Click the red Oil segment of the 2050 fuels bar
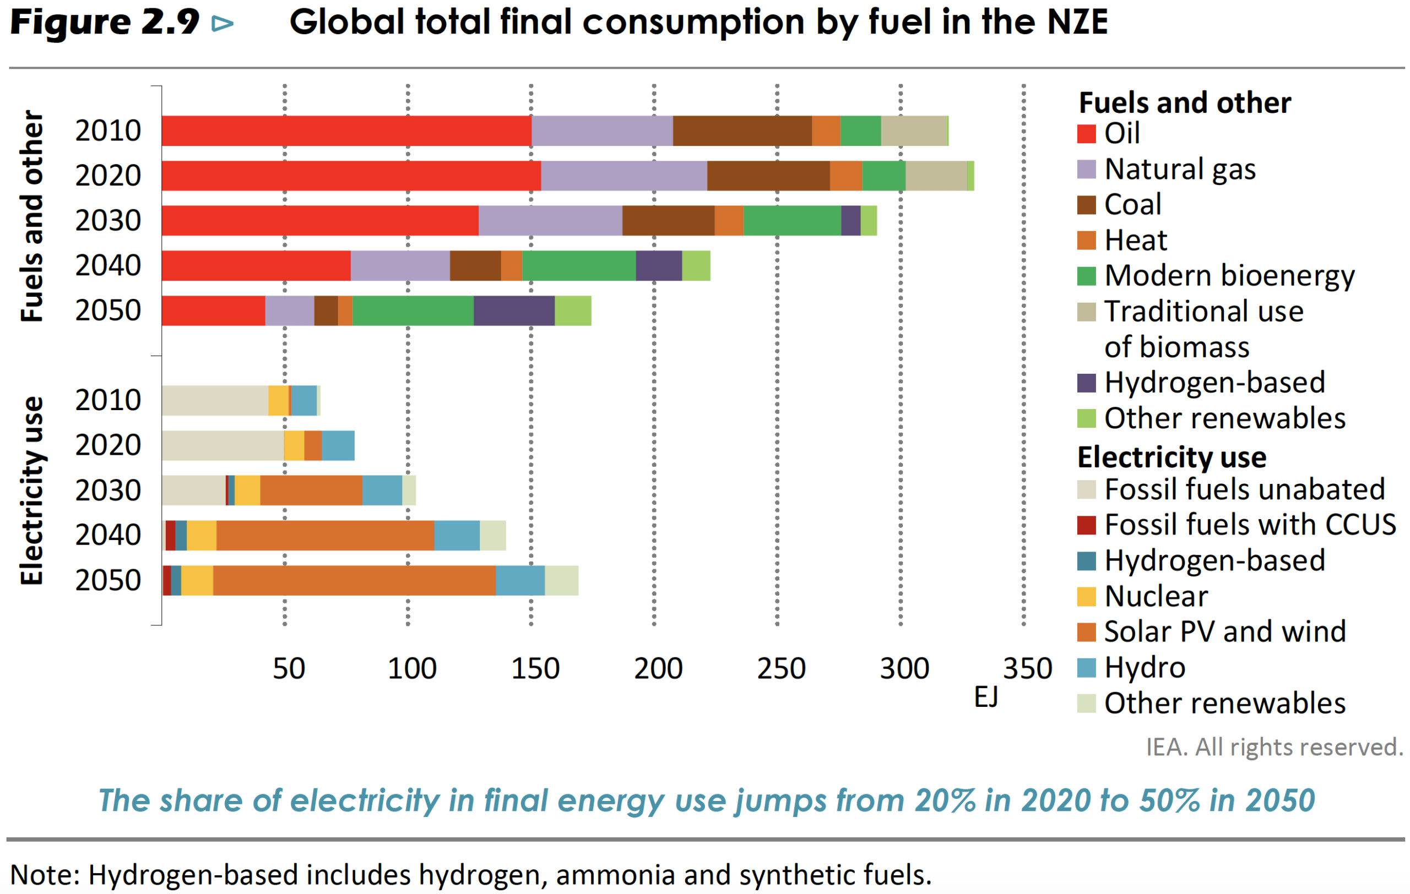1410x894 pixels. [213, 310]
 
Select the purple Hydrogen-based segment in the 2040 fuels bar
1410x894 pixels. [659, 266]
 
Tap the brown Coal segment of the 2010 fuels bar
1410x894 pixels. [742, 130]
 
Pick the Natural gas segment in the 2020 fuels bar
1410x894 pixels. [623, 176]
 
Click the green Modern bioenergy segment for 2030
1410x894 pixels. [791, 221]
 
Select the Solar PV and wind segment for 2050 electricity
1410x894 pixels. [354, 580]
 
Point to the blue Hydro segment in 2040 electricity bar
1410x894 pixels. [457, 535]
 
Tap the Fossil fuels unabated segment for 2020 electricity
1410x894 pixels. [223, 446]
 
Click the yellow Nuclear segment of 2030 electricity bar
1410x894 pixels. [247, 490]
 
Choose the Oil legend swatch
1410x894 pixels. [1086, 134]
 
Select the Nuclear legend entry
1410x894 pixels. [1156, 596]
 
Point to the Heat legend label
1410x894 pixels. [1135, 241]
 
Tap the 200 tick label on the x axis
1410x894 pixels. [658, 669]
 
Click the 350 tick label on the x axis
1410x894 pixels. [1027, 669]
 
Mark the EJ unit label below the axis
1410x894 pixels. [985, 697]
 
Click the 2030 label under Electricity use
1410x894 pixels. [109, 490]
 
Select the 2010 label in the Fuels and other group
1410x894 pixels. [109, 130]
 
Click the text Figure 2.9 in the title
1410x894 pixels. [105, 22]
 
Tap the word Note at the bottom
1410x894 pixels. [42, 875]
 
